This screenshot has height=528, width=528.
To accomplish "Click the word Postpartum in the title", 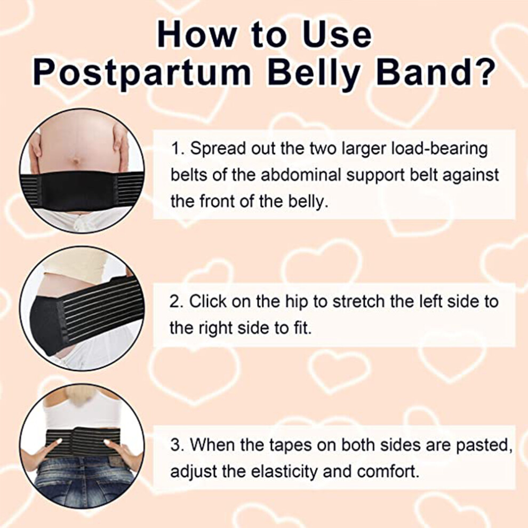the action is pos(142,73).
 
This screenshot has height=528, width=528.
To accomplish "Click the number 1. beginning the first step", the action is pos(177,148).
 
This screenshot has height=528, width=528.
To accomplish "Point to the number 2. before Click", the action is pos(177,301).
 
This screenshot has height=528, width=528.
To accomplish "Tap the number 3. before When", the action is pos(177,445).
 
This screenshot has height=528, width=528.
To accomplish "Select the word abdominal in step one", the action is pos(298,175).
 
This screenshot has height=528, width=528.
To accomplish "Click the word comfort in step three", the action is pos(388,472).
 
